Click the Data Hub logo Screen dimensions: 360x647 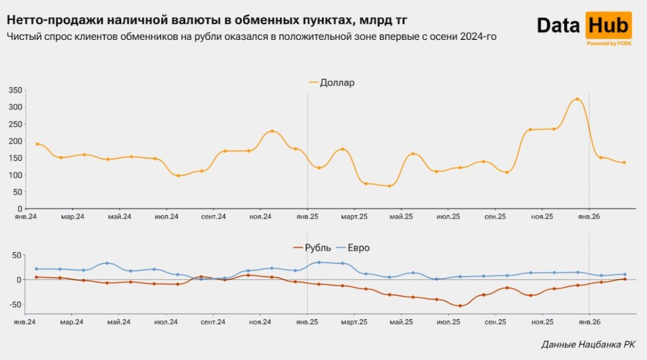[x=584, y=26]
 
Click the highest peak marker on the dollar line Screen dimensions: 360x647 [x=577, y=99]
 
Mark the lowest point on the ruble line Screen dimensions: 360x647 [x=460, y=306]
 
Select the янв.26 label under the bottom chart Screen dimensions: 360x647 [x=589, y=322]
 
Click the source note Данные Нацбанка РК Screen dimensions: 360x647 [x=588, y=344]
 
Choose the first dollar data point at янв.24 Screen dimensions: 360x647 [x=37, y=144]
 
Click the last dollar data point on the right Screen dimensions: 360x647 [x=624, y=162]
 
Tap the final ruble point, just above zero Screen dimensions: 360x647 [x=624, y=279]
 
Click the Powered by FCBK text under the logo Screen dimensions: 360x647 [x=609, y=44]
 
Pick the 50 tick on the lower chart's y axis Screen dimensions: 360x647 [x=17, y=255]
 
